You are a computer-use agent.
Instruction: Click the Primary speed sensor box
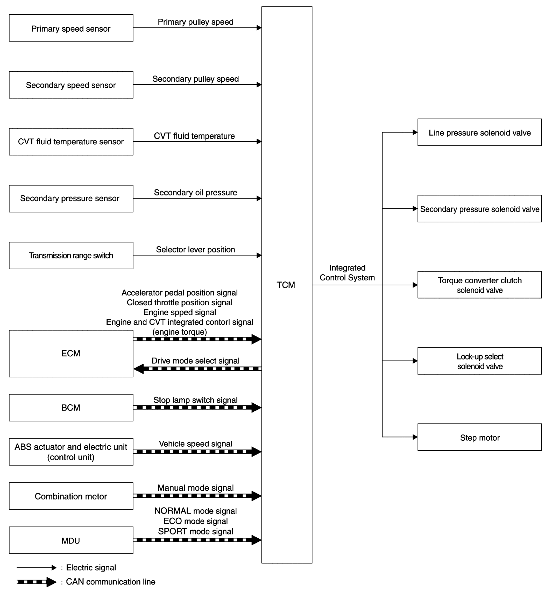[x=71, y=28]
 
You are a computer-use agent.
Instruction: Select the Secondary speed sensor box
[x=71, y=85]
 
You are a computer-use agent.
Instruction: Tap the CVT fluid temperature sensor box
[x=71, y=142]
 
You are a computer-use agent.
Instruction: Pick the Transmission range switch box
[x=71, y=255]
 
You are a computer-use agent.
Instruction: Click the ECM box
[x=71, y=354]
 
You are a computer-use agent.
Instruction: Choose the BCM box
[x=71, y=407]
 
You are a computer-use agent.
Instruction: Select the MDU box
[x=71, y=540]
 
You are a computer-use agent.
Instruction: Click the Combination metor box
[x=71, y=496]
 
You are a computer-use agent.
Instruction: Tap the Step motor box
[x=479, y=437]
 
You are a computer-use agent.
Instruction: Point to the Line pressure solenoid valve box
[x=479, y=132]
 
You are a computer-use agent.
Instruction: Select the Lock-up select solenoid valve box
[x=479, y=361]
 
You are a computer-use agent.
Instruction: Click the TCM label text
[x=286, y=285]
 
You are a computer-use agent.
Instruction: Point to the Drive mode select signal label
[x=196, y=361]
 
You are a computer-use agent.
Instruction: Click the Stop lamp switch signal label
[x=196, y=400]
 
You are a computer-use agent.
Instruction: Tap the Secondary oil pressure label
[x=196, y=192]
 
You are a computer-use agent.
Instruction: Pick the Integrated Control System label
[x=347, y=273]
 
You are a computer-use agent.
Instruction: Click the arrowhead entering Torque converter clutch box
[x=415, y=285]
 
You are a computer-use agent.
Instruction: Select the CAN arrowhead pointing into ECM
[x=139, y=369]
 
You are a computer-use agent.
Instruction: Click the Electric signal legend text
[x=91, y=567]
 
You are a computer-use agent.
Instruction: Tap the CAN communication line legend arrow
[x=37, y=581]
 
